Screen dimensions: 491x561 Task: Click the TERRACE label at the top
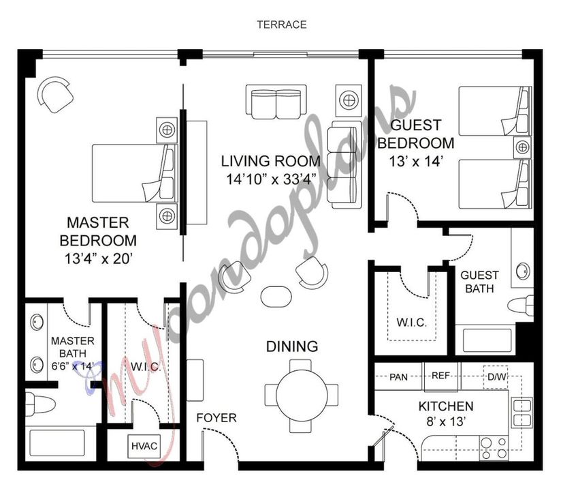281,25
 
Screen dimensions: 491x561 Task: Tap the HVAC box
144,447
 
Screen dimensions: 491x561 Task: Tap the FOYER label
217,418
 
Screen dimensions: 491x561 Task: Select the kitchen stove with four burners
492,446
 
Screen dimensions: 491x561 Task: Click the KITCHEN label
446,406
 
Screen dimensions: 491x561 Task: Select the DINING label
291,346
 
